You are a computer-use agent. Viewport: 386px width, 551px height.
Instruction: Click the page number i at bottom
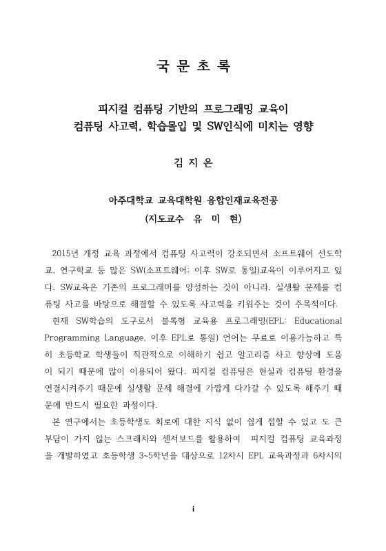[x=193, y=527]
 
